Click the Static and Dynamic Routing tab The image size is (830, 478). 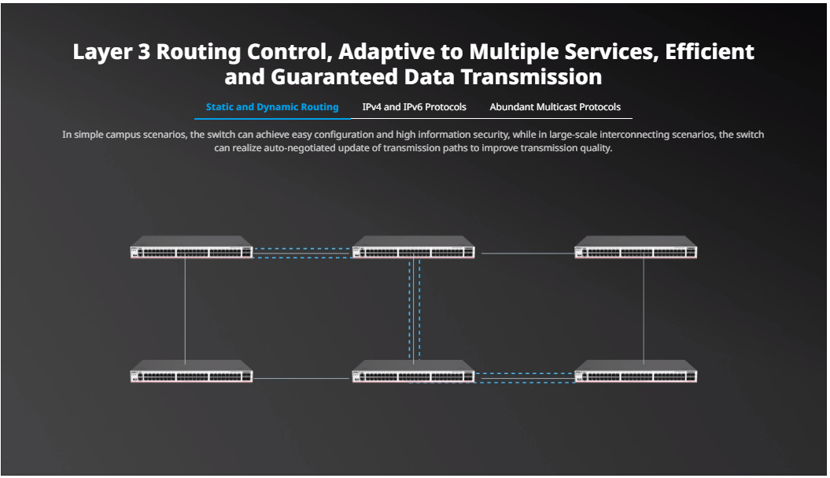(272, 107)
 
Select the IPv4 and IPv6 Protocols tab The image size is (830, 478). (414, 107)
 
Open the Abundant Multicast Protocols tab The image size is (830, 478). (555, 107)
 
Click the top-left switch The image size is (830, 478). (192, 247)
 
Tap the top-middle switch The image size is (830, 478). (413, 247)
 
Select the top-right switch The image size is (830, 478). (636, 247)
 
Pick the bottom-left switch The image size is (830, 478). (192, 371)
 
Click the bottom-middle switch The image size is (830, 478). (413, 371)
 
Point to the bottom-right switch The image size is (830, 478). (636, 371)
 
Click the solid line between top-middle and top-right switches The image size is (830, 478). (528, 254)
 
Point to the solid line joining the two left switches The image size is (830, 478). (185, 310)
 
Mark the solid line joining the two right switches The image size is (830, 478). (644, 310)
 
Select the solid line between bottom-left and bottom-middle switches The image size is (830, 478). (302, 378)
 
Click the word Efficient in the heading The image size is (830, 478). (710, 52)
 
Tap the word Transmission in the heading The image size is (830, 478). (532, 77)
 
